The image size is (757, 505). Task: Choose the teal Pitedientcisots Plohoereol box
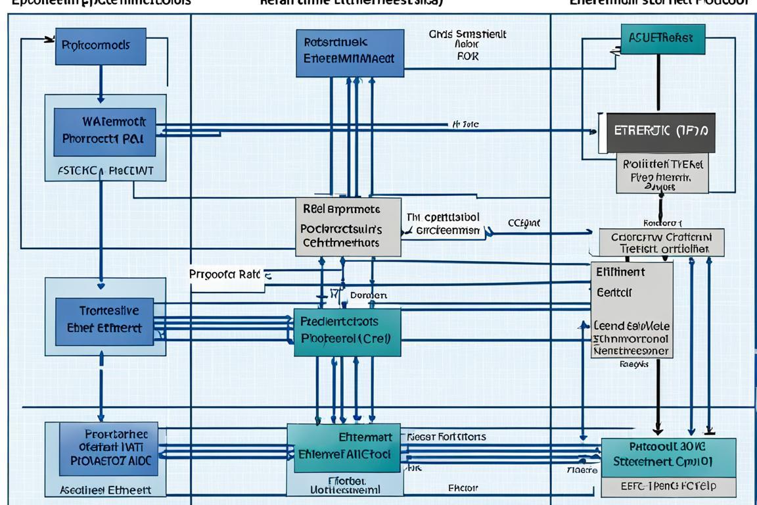click(x=347, y=331)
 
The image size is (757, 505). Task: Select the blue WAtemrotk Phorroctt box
click(x=104, y=130)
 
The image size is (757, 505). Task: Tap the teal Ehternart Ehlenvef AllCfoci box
click(x=346, y=446)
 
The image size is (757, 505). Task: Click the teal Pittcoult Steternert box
click(x=668, y=454)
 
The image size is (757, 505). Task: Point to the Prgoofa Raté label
click(x=225, y=274)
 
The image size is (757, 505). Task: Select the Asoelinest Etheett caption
click(x=105, y=490)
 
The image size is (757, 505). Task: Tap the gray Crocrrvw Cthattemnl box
click(x=662, y=242)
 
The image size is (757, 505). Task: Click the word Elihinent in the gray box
click(x=620, y=272)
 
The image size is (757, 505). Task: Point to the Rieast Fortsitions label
click(x=446, y=436)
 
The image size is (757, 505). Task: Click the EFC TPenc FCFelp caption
click(x=668, y=486)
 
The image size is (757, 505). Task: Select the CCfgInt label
click(x=524, y=224)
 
